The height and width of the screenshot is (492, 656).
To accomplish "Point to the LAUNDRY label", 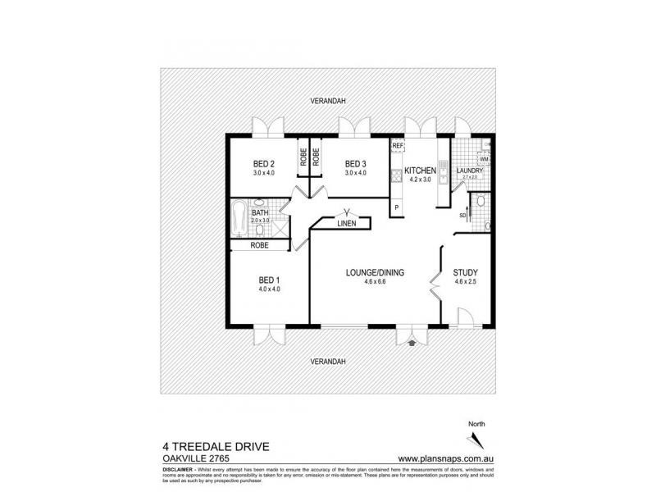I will click(x=470, y=171).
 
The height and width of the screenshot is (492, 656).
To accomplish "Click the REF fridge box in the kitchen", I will click(x=398, y=146).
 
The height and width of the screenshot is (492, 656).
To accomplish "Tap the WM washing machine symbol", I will click(x=484, y=158).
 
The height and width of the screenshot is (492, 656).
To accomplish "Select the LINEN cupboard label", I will click(x=345, y=224).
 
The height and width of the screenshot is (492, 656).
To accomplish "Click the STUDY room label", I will click(x=465, y=273).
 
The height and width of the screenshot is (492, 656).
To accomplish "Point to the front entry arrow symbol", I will click(x=411, y=344).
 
